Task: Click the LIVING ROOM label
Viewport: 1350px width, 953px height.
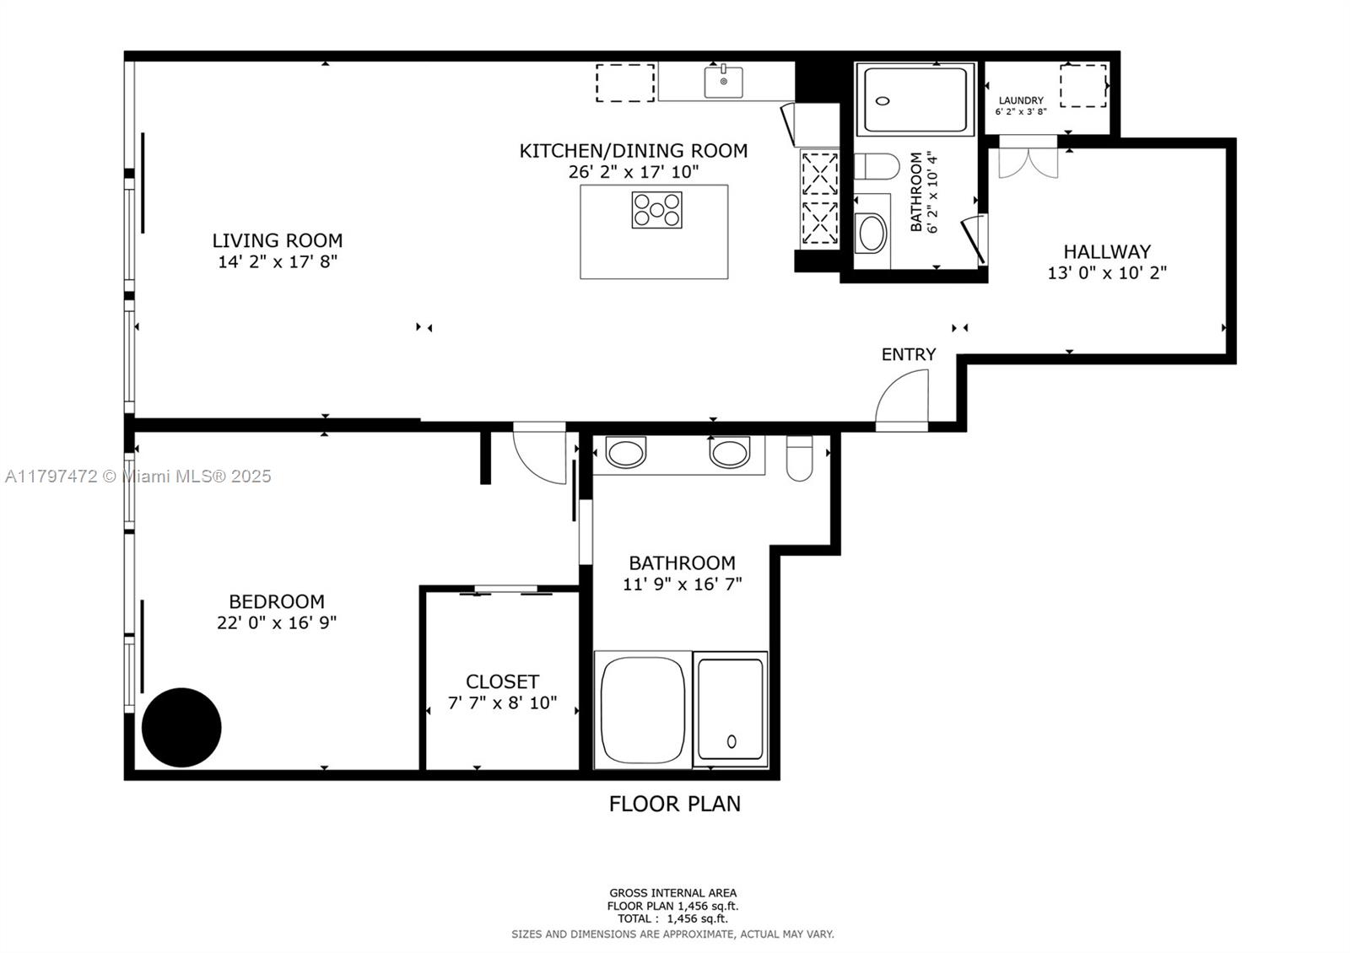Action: (x=278, y=241)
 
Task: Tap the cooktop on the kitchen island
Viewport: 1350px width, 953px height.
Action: (x=657, y=210)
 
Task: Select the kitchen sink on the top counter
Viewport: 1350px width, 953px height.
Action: (x=723, y=81)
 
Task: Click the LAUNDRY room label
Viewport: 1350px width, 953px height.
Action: (x=1021, y=100)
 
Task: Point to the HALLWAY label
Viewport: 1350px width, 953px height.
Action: (x=1107, y=251)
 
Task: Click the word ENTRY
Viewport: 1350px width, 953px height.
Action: (x=909, y=354)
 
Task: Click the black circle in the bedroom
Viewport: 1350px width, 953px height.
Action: (x=181, y=728)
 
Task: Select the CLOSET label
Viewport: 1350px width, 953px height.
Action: (x=502, y=681)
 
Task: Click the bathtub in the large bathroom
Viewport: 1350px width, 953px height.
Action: (x=642, y=710)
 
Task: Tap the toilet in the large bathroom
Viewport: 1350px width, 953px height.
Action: (x=799, y=459)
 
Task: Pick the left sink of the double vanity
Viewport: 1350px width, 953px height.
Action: (x=625, y=452)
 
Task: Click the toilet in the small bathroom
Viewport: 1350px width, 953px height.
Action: (x=877, y=166)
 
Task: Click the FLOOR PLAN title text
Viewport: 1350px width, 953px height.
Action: (x=674, y=804)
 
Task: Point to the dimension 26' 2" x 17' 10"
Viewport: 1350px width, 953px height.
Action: (x=634, y=172)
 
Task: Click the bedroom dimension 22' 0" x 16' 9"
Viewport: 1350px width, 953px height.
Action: (x=277, y=622)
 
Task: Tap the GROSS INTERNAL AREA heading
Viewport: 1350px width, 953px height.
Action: (x=672, y=893)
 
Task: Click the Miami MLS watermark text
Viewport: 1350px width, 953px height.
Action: (x=138, y=476)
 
